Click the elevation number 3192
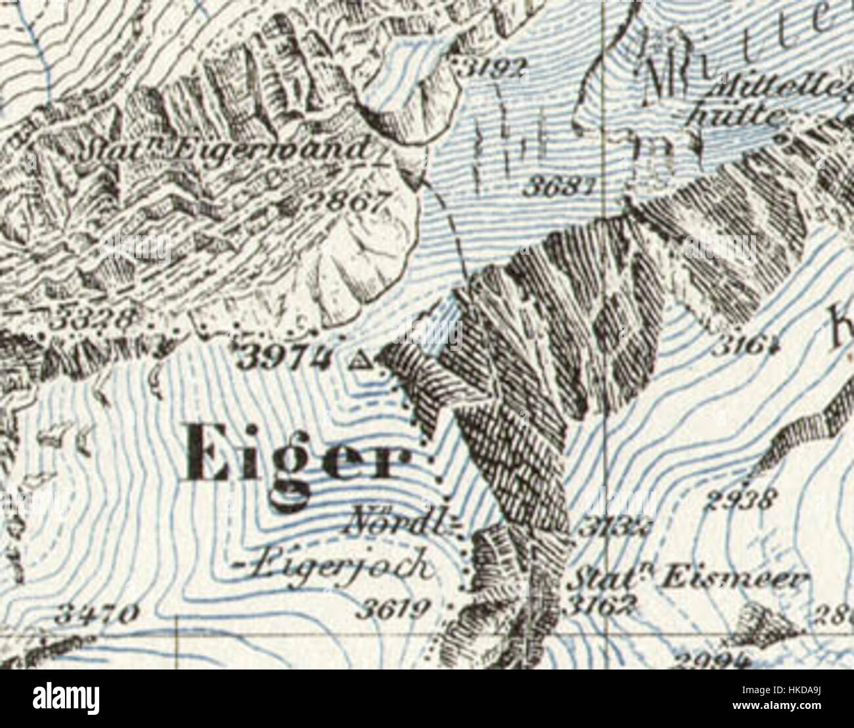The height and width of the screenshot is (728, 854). [493, 65]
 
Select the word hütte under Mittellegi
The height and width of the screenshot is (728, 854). [736, 116]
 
